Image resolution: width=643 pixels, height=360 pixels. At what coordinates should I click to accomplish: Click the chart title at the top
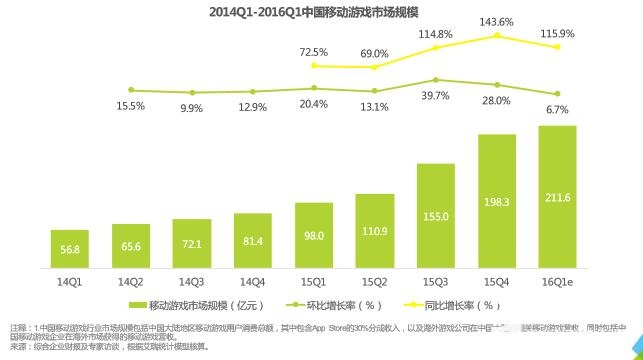point(321,13)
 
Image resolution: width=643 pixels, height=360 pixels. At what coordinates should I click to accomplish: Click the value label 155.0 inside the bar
point(436,216)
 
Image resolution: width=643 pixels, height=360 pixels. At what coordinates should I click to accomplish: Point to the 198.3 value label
point(497,202)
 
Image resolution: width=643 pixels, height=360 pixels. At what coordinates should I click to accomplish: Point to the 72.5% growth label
point(314,52)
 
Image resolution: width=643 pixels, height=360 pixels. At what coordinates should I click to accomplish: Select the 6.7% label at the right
point(558,109)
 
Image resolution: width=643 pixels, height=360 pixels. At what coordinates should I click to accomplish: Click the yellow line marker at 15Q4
point(497,36)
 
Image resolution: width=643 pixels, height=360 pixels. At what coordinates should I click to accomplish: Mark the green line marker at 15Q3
point(436,80)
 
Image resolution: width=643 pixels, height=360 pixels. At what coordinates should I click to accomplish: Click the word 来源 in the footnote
point(20,345)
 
